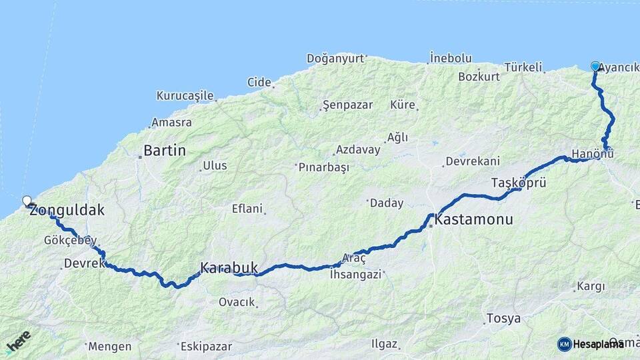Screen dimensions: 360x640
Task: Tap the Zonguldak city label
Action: pyautogui.click(x=67, y=211)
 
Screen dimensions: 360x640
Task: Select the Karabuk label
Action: pyautogui.click(x=229, y=267)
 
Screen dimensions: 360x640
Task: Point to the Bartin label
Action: pyautogui.click(x=165, y=151)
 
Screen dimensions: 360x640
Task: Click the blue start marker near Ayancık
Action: pyautogui.click(x=595, y=66)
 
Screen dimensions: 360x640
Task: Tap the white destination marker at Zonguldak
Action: pyautogui.click(x=27, y=200)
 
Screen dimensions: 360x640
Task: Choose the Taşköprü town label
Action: pyautogui.click(x=519, y=182)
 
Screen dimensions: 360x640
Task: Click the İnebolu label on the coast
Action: pyautogui.click(x=451, y=58)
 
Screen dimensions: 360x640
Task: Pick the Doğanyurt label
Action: pyautogui.click(x=335, y=58)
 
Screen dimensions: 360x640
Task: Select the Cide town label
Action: pyautogui.click(x=259, y=82)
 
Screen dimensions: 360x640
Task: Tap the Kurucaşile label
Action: pyautogui.click(x=185, y=95)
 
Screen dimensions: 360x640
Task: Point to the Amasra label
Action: pyautogui.click(x=171, y=123)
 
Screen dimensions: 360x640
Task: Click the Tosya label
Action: pyautogui.click(x=503, y=318)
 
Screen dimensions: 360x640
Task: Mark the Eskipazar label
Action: pyautogui.click(x=206, y=347)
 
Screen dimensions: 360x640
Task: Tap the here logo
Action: pyautogui.click(x=18, y=342)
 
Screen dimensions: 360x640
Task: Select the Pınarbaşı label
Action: pyautogui.click(x=324, y=167)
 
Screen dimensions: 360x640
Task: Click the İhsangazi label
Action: pyautogui.click(x=355, y=273)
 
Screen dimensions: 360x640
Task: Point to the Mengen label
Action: pyautogui.click(x=109, y=346)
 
